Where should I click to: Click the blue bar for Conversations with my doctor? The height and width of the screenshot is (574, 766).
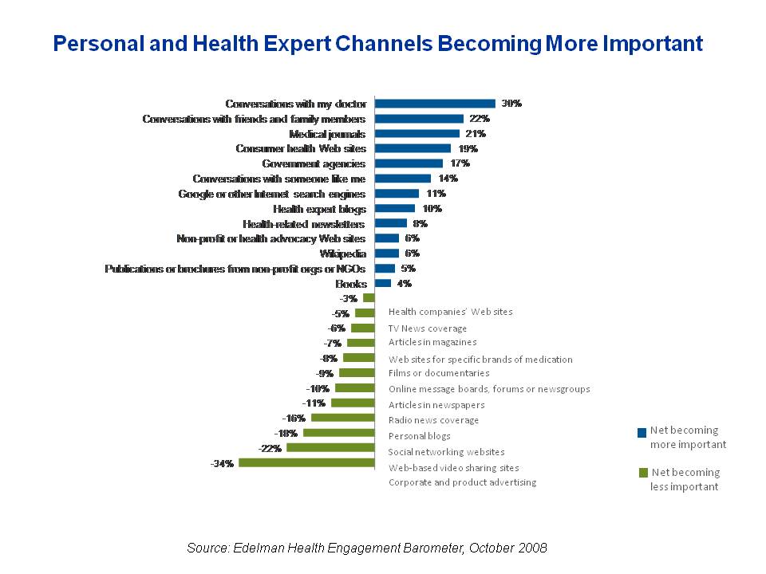435,104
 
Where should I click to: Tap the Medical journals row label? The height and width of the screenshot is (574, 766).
327,134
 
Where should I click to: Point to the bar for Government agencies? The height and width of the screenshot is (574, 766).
409,163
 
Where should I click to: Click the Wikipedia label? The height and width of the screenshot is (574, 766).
342,254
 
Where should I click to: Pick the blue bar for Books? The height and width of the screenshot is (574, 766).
383,283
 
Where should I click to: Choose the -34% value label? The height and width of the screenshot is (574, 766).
222,463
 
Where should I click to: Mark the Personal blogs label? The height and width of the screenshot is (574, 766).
419,436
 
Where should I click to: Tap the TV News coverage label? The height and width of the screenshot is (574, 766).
428,328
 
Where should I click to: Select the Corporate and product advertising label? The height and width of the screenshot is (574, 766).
462,482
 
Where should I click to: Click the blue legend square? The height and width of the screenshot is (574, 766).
642,433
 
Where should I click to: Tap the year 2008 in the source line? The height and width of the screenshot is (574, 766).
532,548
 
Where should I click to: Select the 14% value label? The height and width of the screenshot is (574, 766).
448,179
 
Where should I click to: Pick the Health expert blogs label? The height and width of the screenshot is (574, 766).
319,209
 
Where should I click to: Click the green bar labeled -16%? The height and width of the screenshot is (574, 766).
342,418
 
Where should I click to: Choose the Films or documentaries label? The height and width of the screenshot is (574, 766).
439,373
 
